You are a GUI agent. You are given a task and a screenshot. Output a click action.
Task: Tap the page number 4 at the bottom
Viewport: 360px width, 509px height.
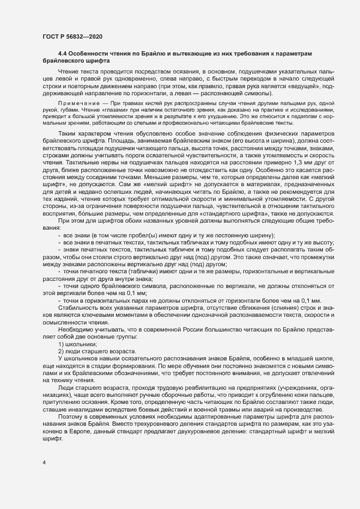[43, 462]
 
